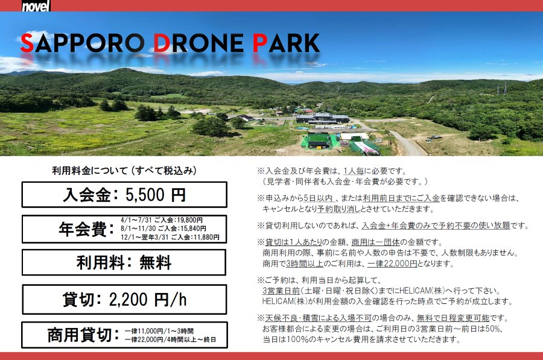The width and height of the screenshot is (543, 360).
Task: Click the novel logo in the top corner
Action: pos(36,6)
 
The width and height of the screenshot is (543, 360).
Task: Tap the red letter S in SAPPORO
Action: pos(27,43)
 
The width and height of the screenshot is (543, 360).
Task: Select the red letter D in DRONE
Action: pos(162,43)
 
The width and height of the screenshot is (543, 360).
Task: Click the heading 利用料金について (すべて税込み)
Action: pos(124,171)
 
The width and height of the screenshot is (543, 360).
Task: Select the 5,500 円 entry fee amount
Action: pos(156,195)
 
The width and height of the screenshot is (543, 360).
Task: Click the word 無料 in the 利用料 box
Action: pos(155,263)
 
